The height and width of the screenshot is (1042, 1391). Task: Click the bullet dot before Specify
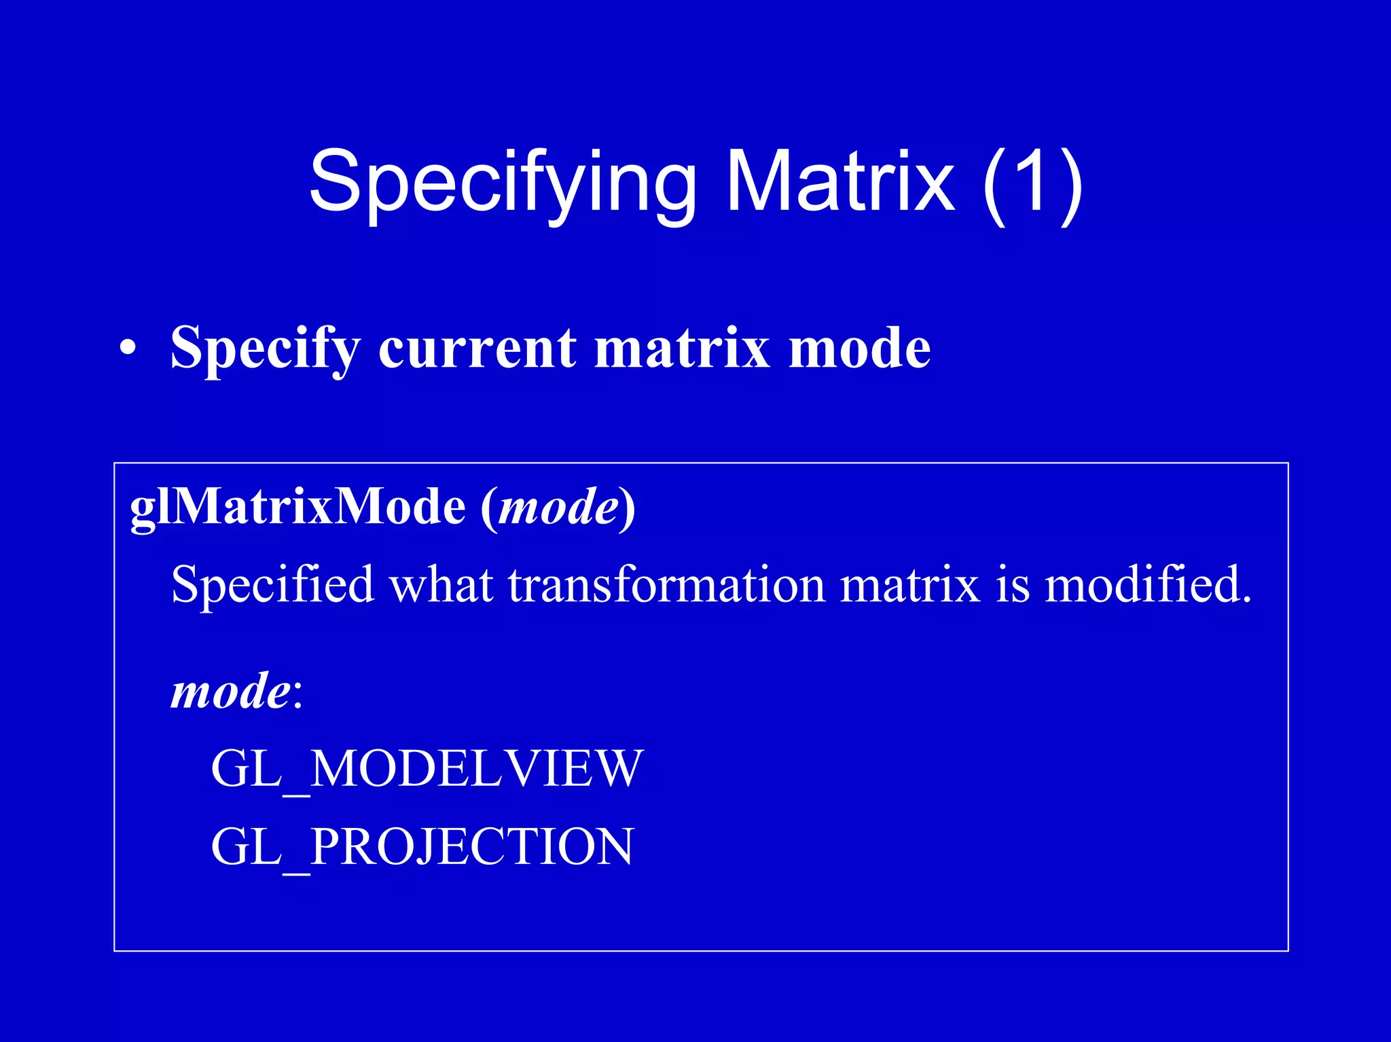[x=127, y=348]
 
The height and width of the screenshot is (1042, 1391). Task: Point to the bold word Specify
[x=265, y=348]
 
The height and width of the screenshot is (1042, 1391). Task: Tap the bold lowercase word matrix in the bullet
[x=682, y=348]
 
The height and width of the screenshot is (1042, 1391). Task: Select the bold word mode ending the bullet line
[x=859, y=348]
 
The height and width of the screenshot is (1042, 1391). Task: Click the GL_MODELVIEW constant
[x=427, y=769]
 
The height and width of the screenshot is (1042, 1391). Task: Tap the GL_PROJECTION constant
[x=422, y=847]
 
